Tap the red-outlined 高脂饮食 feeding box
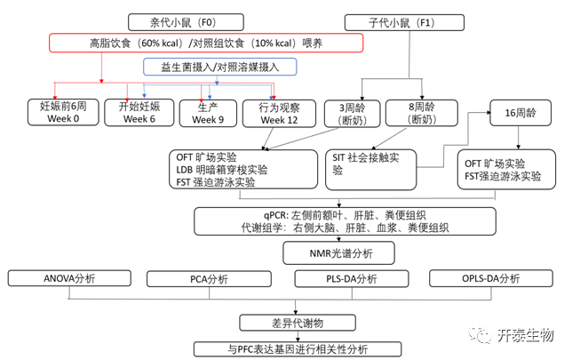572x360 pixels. click(x=206, y=44)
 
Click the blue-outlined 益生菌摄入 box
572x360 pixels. click(x=218, y=67)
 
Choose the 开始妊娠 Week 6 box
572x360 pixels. click(x=135, y=112)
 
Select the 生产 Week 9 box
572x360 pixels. click(x=209, y=112)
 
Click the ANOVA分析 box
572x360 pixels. click(x=70, y=279)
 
